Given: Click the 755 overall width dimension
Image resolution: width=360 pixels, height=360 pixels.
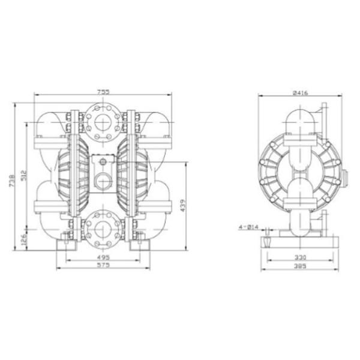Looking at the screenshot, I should click(x=103, y=92).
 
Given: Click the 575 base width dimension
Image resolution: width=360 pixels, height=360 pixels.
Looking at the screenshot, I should click(x=103, y=268).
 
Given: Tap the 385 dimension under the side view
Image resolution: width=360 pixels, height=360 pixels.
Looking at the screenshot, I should click(x=301, y=268).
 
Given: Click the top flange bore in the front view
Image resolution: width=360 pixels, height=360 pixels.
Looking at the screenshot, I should click(x=103, y=122).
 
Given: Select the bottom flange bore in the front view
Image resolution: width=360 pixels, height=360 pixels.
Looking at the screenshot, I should click(x=103, y=229).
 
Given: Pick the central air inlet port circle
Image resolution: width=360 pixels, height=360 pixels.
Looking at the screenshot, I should click(x=103, y=180).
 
